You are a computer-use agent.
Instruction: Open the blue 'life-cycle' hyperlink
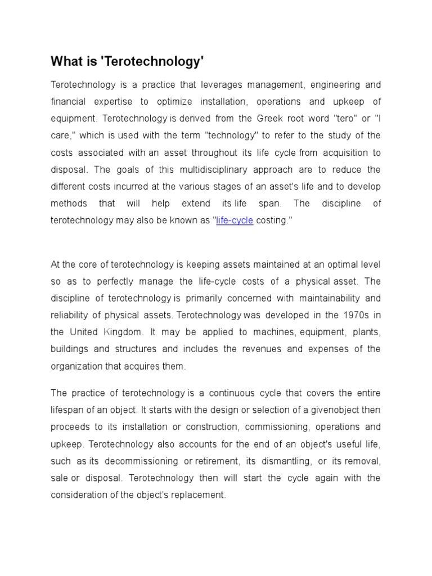tap(235, 220)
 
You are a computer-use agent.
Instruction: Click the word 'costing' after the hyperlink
tap(273, 220)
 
